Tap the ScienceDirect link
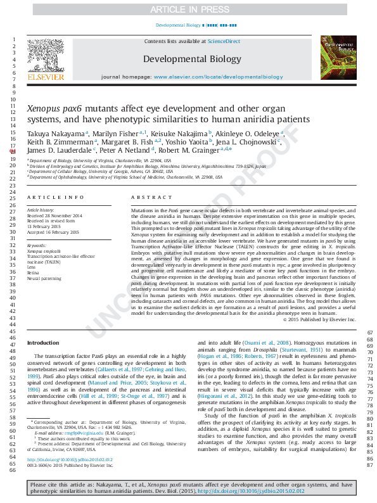224,41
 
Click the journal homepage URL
219,77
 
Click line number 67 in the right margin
370,333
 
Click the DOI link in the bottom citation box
252,491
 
